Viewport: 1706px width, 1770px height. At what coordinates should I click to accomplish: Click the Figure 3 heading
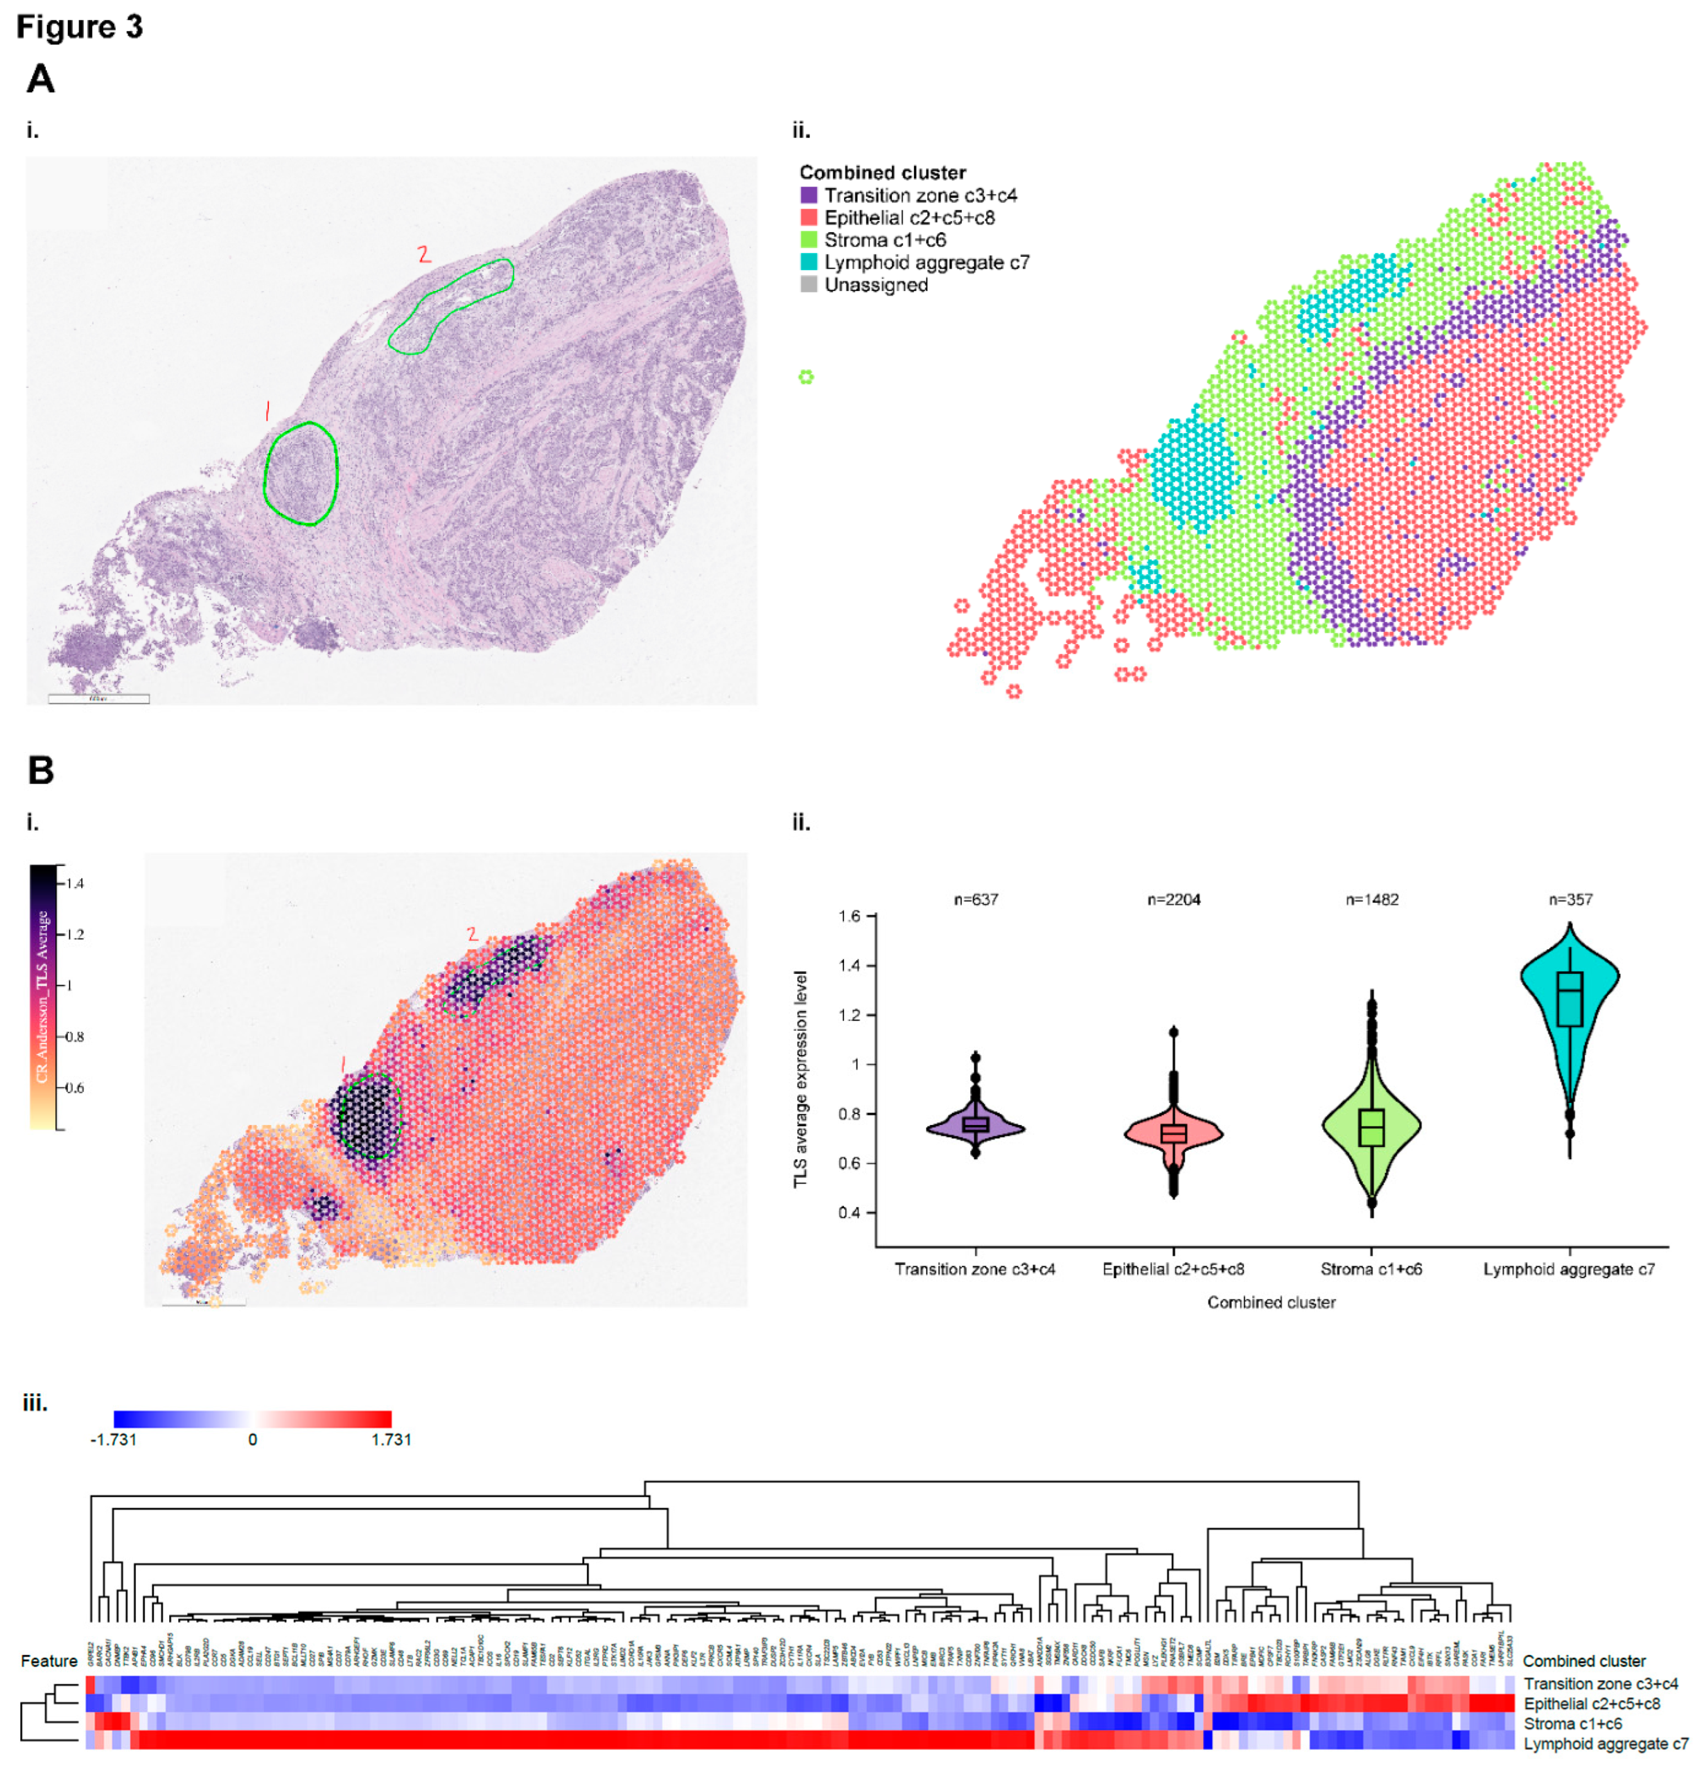click(x=79, y=27)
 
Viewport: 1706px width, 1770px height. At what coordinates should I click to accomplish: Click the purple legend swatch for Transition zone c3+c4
click(x=808, y=195)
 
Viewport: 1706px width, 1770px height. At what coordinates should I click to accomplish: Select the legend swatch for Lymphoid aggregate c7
click(x=808, y=262)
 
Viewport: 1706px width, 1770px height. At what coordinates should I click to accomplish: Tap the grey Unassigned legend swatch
click(x=808, y=284)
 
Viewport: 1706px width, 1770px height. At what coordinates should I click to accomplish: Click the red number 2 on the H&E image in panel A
click(x=423, y=255)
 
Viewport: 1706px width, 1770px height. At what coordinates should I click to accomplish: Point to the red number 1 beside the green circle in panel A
click(x=267, y=412)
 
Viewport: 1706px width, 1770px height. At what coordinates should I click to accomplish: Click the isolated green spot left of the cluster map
click(x=806, y=377)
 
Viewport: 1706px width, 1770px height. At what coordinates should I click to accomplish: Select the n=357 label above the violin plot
click(x=1570, y=899)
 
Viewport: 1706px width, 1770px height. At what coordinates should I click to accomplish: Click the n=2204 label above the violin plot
click(x=1173, y=899)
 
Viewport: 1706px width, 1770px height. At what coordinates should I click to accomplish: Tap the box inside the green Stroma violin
click(x=1371, y=1127)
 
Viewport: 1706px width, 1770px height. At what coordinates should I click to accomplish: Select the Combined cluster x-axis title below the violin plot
click(x=1271, y=1302)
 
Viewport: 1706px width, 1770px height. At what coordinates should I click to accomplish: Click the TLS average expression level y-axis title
click(x=800, y=1079)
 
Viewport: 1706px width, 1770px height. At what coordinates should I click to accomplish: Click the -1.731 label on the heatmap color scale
click(x=114, y=1440)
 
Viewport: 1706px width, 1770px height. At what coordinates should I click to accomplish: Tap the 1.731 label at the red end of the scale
click(x=391, y=1440)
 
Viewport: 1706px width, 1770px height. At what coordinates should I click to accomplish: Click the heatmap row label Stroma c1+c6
click(x=1572, y=1723)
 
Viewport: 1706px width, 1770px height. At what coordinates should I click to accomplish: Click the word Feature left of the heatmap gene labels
click(x=49, y=1661)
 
